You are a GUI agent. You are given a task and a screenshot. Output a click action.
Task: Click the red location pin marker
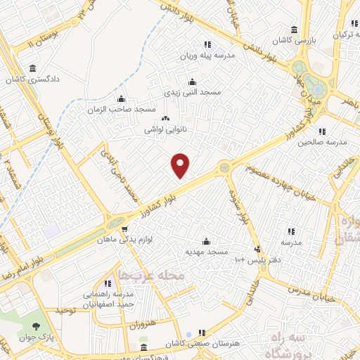[181, 165]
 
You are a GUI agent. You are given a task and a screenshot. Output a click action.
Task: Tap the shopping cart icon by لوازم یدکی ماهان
[124, 228]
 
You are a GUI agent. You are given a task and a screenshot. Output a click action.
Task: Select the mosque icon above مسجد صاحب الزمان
[121, 98]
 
